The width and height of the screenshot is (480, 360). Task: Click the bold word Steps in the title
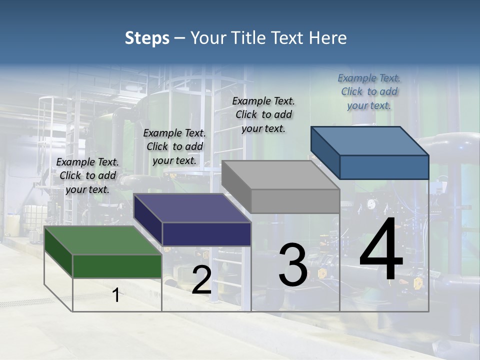click(x=147, y=38)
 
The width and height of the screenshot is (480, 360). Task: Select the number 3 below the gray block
click(x=293, y=264)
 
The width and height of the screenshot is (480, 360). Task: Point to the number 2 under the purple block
click(x=201, y=279)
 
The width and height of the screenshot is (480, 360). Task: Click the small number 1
click(x=116, y=295)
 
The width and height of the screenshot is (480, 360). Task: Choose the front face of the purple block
click(x=206, y=234)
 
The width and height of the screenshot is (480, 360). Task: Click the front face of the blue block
click(x=384, y=167)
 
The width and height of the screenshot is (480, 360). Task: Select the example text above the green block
click(x=87, y=175)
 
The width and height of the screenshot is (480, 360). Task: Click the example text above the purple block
click(x=174, y=146)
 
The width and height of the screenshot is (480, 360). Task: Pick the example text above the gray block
click(x=263, y=114)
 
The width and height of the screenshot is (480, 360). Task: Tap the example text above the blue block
click(x=369, y=91)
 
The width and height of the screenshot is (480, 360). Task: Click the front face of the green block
click(x=117, y=265)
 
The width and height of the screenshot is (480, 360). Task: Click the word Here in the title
click(x=328, y=38)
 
